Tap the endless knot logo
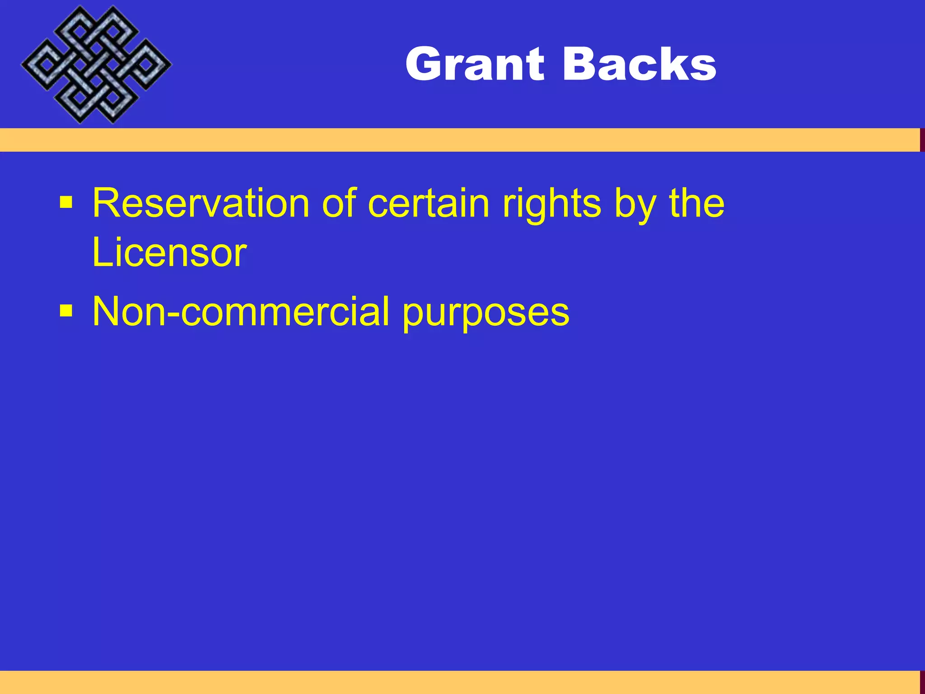click(96, 65)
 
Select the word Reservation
click(201, 203)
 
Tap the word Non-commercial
click(241, 312)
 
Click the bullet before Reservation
click(66, 203)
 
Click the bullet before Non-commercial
click(66, 311)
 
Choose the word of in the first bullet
click(339, 203)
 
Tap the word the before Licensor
click(696, 203)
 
